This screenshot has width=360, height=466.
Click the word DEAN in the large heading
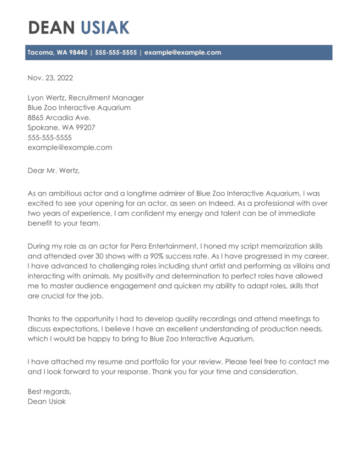point(51,28)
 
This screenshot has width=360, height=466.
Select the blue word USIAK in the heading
point(105,28)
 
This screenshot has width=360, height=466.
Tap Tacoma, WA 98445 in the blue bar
point(57,52)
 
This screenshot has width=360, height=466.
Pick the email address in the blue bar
point(182,52)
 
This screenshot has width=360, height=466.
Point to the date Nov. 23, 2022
point(50,78)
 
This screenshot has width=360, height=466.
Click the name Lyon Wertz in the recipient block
point(46,98)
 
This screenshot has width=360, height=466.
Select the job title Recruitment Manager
point(106,98)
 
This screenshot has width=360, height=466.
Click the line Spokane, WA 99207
point(61,128)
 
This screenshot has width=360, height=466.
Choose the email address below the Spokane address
point(69,147)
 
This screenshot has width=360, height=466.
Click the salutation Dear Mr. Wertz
point(53,171)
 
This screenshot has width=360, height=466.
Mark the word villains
point(315,266)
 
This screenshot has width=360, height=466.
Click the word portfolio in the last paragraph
point(186,362)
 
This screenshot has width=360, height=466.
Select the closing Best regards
point(49,392)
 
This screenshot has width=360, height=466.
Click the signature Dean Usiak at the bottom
point(46,402)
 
